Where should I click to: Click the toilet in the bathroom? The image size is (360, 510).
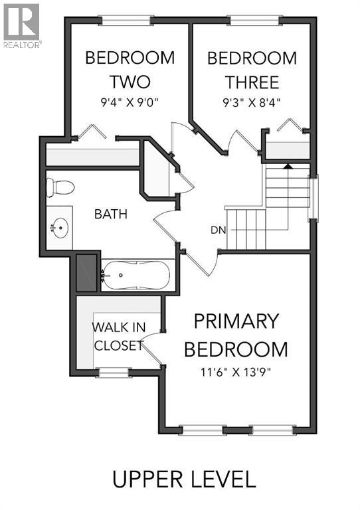[58, 187]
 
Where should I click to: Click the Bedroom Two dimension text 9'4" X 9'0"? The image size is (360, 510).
[130, 104]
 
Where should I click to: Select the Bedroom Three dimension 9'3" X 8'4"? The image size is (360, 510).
[252, 104]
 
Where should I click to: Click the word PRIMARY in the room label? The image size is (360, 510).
[236, 321]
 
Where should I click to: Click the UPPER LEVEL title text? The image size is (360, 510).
[183, 479]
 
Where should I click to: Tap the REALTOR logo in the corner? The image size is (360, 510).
[21, 25]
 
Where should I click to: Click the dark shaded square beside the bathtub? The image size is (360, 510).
[86, 273]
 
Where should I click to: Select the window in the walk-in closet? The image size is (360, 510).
[112, 373]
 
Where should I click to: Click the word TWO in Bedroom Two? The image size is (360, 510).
[130, 82]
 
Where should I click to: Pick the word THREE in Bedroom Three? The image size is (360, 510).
[252, 82]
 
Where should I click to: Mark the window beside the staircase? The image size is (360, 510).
[314, 197]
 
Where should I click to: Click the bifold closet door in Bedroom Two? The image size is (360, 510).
[91, 131]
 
